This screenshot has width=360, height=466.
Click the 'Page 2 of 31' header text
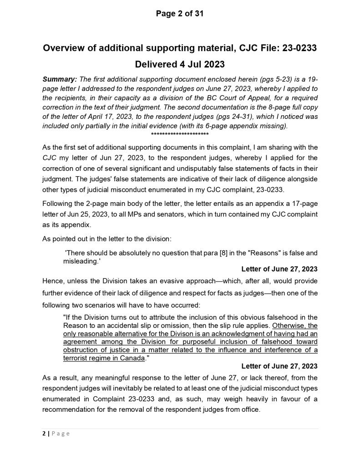pyautogui.click(x=180, y=14)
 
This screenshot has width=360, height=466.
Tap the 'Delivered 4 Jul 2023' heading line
pyautogui.click(x=180, y=64)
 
